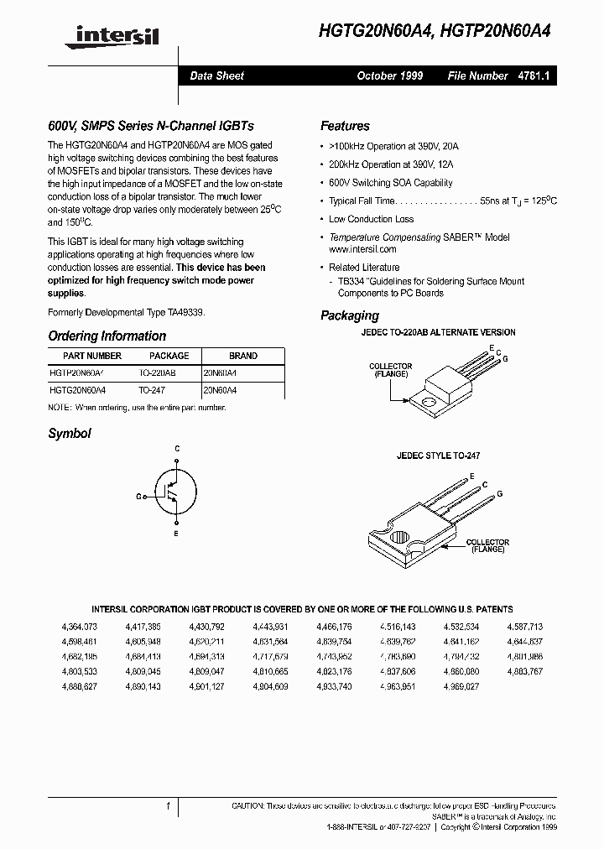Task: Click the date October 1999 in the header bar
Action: [x=389, y=76]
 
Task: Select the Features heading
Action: [x=345, y=126]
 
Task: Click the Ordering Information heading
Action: [x=107, y=336]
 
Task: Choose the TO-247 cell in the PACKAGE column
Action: [x=153, y=390]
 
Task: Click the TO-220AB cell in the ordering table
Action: [x=158, y=372]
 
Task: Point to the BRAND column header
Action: [x=242, y=356]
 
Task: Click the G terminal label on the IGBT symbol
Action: [x=138, y=497]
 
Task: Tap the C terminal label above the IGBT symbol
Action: [x=177, y=450]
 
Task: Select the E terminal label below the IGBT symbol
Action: [x=176, y=534]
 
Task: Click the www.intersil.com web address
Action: [x=362, y=249]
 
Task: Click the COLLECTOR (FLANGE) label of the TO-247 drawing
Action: [x=487, y=545]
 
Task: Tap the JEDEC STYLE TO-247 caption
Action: [x=438, y=456]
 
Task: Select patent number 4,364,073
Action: [x=80, y=627]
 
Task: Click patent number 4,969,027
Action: [x=461, y=686]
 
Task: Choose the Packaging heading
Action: [x=349, y=315]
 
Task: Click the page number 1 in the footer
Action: [x=168, y=806]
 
